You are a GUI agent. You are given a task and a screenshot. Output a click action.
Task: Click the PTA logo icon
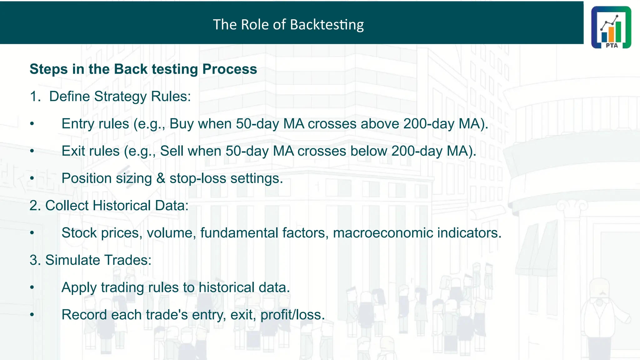pyautogui.click(x=611, y=27)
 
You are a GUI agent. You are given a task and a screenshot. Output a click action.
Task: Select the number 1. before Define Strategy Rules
pyautogui.click(x=35, y=96)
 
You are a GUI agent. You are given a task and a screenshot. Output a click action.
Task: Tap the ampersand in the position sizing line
pyautogui.click(x=161, y=178)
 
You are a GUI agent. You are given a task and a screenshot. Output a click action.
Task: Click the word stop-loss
pyautogui.click(x=197, y=178)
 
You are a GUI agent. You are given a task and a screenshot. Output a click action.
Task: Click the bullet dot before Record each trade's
pyautogui.click(x=32, y=315)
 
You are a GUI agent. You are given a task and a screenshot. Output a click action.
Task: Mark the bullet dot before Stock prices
pyautogui.click(x=32, y=233)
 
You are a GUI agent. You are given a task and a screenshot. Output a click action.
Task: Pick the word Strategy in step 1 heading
pyautogui.click(x=120, y=96)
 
